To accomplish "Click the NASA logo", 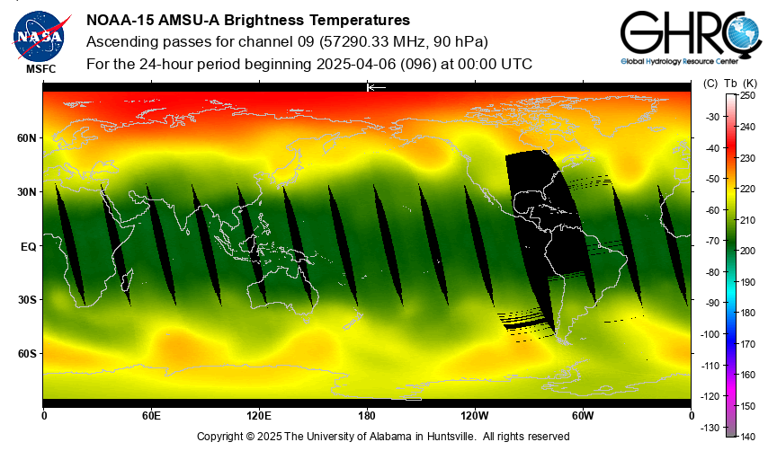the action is (40, 36).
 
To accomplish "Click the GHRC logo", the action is (692, 38).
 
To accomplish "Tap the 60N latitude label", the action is (27, 138).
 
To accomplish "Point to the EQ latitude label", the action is (29, 247).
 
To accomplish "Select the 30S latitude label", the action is (27, 300).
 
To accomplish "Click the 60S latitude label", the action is (27, 354).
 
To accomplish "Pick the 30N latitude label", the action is (27, 192).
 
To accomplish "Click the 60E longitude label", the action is (151, 416).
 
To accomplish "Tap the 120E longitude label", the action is (259, 416).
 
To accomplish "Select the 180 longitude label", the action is (367, 416).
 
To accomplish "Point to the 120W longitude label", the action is (475, 416).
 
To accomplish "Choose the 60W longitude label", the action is (583, 416).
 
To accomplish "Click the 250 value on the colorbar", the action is (747, 96).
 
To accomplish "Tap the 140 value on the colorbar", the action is (747, 437).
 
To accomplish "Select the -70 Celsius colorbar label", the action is (712, 241).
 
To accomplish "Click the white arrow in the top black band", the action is (377, 87).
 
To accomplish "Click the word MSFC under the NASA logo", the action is (41, 69).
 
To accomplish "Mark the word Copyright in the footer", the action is (219, 437).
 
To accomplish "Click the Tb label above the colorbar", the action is (730, 84).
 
